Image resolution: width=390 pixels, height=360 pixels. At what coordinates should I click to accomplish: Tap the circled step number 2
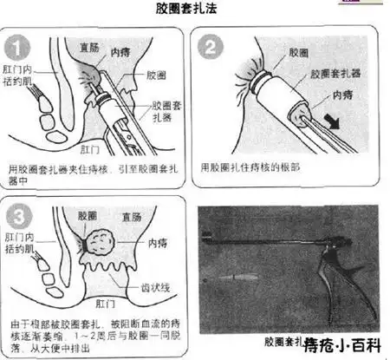[x=213, y=48]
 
